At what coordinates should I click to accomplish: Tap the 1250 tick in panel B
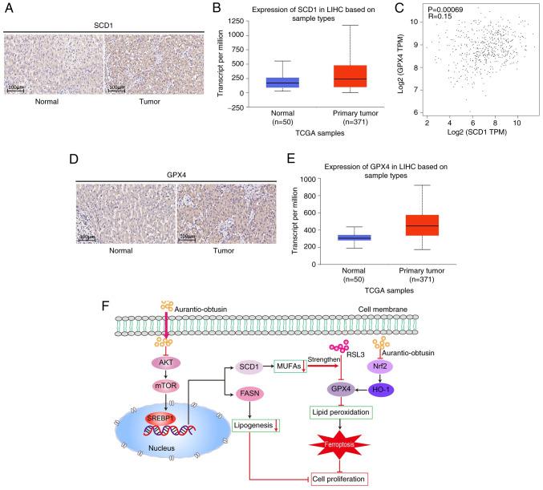(229, 23)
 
